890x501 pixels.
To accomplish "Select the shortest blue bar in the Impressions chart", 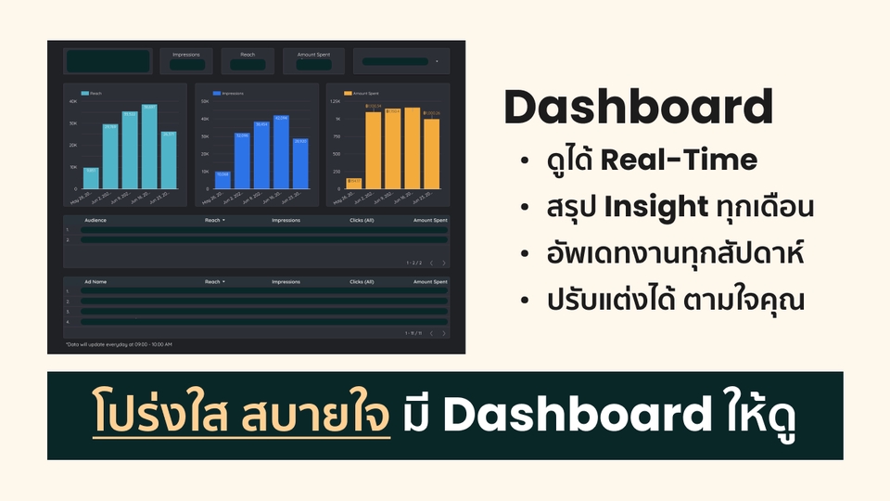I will click(222, 180).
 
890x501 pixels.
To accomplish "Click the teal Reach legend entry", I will click(91, 94).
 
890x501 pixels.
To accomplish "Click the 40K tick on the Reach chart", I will click(73, 101).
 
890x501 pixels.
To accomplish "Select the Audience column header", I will click(95, 221).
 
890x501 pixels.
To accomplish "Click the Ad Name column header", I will click(95, 281).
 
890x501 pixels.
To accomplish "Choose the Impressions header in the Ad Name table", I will click(286, 281).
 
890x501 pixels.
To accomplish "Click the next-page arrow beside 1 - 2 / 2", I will click(444, 263).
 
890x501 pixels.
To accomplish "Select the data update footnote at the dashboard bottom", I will click(119, 344).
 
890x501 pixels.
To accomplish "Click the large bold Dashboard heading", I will click(638, 108).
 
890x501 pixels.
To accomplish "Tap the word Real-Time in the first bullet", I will click(679, 161).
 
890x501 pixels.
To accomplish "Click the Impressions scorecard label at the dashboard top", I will click(185, 55).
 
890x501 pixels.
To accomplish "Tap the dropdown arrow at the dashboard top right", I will click(436, 62).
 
